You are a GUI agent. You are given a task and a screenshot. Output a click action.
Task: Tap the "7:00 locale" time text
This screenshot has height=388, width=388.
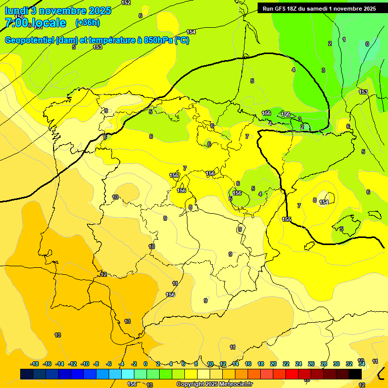[x=35, y=23]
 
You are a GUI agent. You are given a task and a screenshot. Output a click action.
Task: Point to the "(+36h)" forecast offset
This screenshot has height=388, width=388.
[x=87, y=23]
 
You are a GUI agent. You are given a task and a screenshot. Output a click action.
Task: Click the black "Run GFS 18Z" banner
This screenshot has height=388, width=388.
[x=319, y=9]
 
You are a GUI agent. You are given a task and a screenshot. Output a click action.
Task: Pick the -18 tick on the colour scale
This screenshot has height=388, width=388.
[x=35, y=364]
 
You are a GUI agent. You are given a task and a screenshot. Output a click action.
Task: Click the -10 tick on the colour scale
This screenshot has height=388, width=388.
[x=85, y=364]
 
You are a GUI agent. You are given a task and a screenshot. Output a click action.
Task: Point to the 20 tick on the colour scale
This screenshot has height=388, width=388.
[x=273, y=364]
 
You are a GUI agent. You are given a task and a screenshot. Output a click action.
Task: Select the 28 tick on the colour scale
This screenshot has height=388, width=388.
[x=323, y=364]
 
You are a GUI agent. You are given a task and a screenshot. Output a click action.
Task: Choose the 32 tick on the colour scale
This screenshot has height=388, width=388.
[x=349, y=364]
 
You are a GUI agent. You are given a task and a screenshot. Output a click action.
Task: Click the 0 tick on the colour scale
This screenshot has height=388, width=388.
[x=145, y=364]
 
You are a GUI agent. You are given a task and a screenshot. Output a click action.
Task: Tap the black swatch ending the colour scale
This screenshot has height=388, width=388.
[x=355, y=374]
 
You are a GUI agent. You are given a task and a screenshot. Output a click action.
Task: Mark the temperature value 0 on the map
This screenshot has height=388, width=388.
[x=367, y=44]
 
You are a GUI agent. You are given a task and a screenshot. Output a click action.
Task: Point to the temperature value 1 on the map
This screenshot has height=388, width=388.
[x=344, y=39]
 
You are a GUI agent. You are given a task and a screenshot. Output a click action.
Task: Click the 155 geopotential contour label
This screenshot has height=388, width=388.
[x=286, y=219]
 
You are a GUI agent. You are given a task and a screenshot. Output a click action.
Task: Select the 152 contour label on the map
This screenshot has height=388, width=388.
[x=126, y=3]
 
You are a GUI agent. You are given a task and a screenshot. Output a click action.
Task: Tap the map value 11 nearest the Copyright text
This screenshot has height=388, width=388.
[x=232, y=347]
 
